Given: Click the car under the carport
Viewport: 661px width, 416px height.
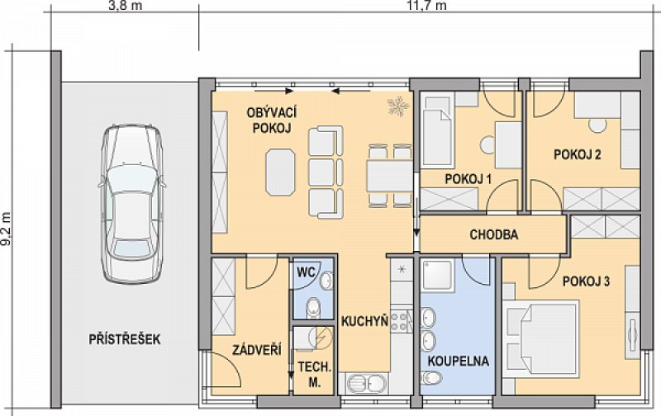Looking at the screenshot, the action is click(131, 204).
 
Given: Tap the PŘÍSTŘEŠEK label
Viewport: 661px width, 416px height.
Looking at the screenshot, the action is click(125, 339).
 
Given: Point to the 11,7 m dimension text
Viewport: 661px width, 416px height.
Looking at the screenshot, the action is click(426, 6).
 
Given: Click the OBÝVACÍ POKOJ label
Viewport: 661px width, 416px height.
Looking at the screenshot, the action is click(272, 120).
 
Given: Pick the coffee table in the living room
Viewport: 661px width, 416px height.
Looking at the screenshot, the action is click(280, 172).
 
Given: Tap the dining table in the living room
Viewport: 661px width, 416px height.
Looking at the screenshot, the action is click(389, 176).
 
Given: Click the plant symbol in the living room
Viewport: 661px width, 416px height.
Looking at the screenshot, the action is click(398, 106).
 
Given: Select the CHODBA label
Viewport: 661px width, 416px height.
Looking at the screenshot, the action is click(493, 234).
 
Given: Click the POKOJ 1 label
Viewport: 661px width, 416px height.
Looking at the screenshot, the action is click(468, 179).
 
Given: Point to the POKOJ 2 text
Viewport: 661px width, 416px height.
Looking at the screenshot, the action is click(577, 154).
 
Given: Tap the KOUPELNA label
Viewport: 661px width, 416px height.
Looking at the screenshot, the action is click(459, 361).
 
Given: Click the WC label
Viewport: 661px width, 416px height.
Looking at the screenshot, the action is click(306, 272).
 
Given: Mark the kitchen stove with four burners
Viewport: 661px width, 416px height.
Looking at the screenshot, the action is click(401, 321).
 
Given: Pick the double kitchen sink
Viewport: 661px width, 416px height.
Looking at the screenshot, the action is click(366, 384).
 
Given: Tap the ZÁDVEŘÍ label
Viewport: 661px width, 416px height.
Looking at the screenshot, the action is click(257, 349).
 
